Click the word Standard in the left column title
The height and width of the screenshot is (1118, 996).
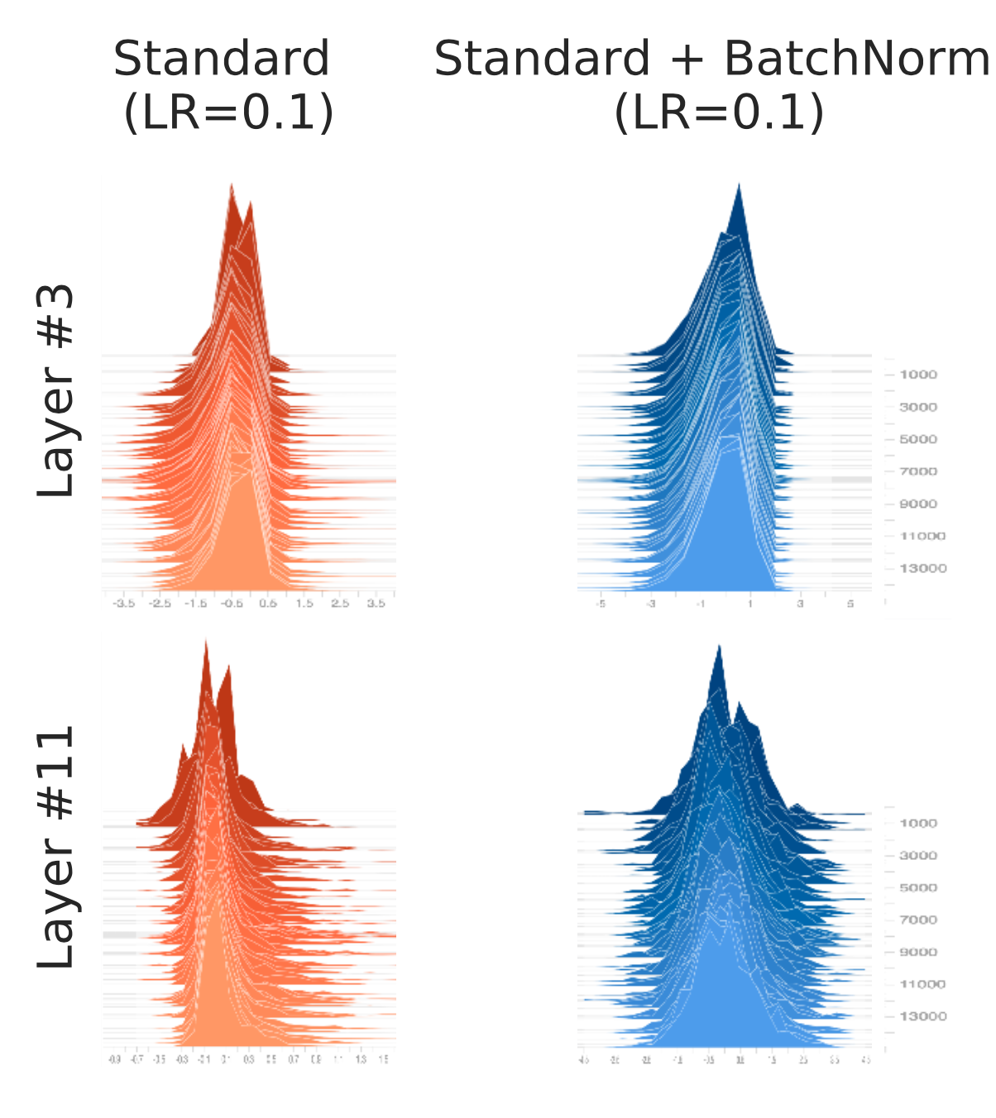click(222, 60)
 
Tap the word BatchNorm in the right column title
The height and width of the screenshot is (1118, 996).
click(856, 60)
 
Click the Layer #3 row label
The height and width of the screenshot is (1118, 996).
click(56, 390)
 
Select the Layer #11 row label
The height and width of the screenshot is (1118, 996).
click(56, 847)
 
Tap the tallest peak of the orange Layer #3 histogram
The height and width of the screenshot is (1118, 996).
click(232, 185)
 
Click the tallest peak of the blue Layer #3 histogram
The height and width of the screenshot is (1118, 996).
click(739, 185)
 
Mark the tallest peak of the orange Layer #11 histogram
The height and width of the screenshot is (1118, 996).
click(205, 642)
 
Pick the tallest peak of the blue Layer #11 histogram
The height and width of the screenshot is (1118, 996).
click(719, 646)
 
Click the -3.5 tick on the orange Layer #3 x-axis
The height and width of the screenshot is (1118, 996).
click(123, 604)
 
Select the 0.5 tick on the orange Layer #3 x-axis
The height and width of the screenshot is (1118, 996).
click(268, 604)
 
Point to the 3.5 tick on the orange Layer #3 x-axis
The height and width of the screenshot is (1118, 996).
click(376, 604)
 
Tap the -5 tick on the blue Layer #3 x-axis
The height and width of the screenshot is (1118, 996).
click(601, 604)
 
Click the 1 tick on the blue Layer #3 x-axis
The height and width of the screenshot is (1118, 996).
click(750, 604)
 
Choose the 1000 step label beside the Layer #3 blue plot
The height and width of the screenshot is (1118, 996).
click(918, 375)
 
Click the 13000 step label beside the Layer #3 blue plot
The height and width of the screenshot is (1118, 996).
click(922, 568)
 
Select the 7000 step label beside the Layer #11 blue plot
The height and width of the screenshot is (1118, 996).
click(918, 920)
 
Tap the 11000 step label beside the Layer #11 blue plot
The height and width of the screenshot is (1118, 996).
click(922, 984)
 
